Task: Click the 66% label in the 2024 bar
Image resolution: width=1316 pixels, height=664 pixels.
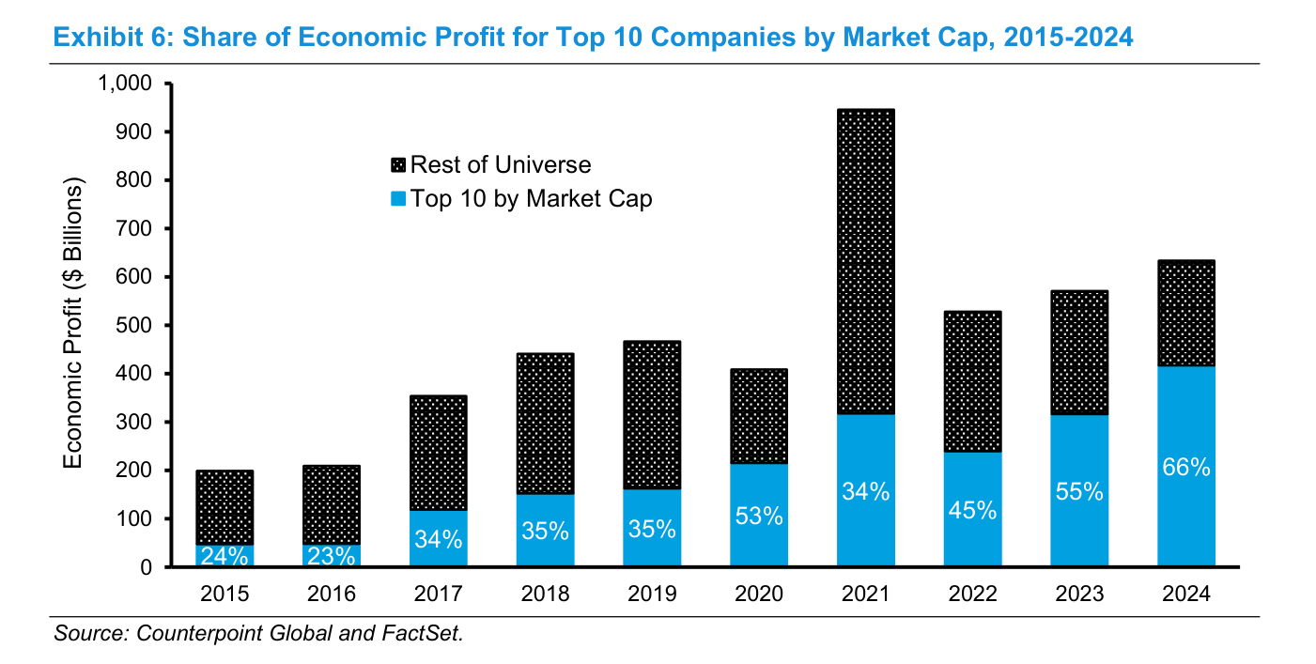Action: (x=1186, y=467)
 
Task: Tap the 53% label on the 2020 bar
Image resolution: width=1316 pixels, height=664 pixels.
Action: (x=759, y=516)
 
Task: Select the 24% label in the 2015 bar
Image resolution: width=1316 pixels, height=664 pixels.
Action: (x=224, y=555)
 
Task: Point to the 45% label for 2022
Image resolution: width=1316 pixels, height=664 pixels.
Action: (x=972, y=510)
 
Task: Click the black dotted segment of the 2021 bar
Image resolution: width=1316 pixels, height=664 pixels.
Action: (x=866, y=261)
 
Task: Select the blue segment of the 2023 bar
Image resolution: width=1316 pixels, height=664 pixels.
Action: (x=1079, y=490)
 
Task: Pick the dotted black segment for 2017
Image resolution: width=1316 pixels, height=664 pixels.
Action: (x=439, y=453)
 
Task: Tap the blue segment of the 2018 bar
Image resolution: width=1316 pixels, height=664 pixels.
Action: (x=545, y=530)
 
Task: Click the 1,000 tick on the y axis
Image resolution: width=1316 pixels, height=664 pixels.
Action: (x=125, y=84)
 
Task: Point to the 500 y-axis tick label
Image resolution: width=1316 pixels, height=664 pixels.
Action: (x=134, y=325)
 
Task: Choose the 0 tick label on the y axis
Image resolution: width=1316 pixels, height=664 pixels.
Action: (x=147, y=567)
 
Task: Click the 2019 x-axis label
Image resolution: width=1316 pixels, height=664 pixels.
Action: (x=652, y=594)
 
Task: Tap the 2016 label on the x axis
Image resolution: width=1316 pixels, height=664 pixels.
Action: (x=332, y=594)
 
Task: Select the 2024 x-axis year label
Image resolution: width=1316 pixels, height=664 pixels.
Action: (x=1186, y=594)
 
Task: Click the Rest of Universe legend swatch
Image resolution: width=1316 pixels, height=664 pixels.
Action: (x=398, y=165)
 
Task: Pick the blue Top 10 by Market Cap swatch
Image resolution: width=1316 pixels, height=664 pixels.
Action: (x=398, y=198)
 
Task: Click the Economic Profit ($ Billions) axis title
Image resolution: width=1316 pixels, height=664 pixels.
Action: (x=73, y=322)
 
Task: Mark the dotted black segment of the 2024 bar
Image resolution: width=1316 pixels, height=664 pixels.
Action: (x=1186, y=313)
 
